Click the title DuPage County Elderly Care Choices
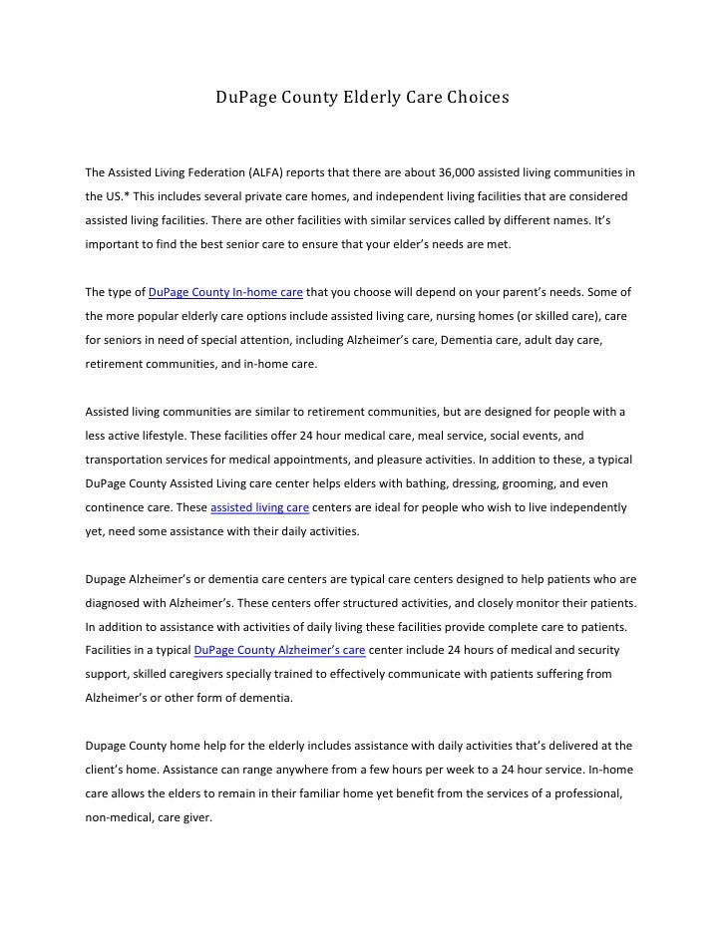(x=363, y=99)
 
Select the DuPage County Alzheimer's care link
(x=279, y=651)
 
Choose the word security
(x=591, y=651)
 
